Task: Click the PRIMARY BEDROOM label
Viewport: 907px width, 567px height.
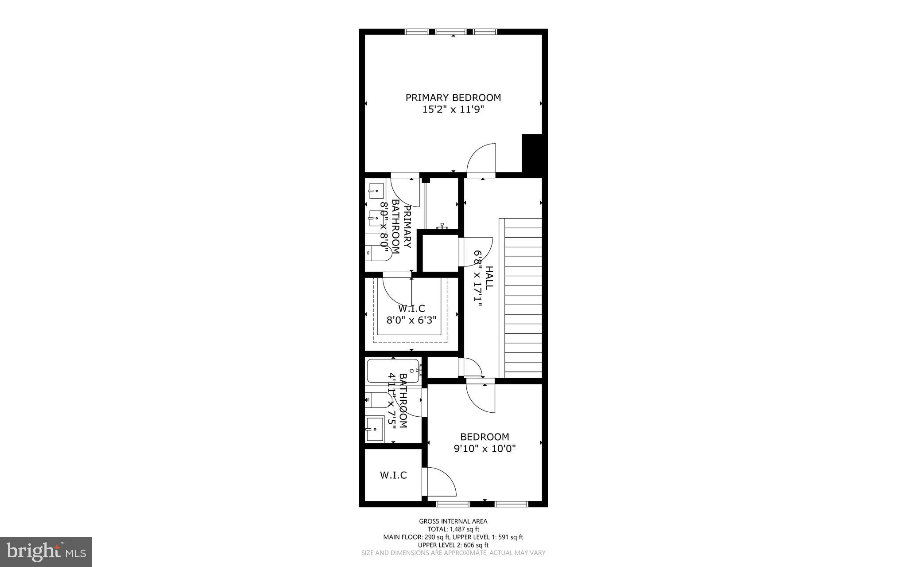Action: click(x=453, y=98)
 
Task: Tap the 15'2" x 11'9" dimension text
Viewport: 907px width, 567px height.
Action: click(x=453, y=109)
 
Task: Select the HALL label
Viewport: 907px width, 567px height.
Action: click(x=489, y=278)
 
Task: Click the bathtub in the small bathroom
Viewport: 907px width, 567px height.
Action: click(x=393, y=371)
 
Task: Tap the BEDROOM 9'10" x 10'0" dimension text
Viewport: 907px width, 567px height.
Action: click(x=485, y=449)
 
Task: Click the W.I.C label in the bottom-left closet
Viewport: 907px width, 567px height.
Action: click(x=393, y=475)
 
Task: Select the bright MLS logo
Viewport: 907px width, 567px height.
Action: click(x=46, y=551)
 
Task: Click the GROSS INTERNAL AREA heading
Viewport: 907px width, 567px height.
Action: click(x=453, y=521)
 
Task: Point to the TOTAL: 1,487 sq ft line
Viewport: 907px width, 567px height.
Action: click(x=453, y=529)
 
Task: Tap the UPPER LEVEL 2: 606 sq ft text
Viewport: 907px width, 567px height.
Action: click(x=453, y=545)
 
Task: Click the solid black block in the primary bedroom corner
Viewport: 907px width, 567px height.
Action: click(x=532, y=153)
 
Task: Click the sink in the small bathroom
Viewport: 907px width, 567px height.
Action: click(x=375, y=429)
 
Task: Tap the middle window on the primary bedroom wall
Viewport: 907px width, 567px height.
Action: click(x=451, y=32)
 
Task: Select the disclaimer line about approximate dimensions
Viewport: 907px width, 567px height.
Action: click(x=453, y=553)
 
